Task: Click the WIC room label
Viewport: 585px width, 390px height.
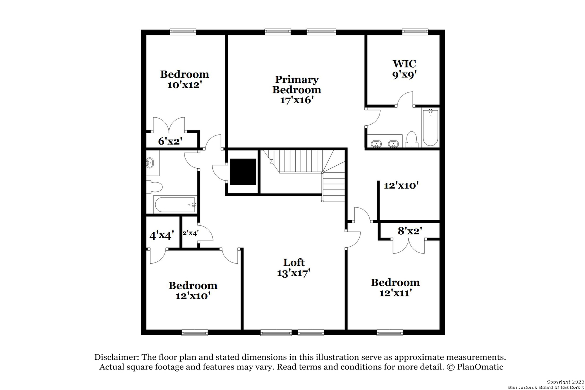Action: point(404,64)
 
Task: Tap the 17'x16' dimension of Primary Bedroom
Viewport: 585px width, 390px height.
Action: point(297,100)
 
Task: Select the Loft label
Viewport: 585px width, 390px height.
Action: point(294,262)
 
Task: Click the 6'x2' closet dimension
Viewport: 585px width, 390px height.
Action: point(170,141)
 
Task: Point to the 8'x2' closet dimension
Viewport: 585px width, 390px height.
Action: point(410,231)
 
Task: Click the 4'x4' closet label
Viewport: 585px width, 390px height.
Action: point(162,235)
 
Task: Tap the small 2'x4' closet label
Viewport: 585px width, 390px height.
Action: point(190,233)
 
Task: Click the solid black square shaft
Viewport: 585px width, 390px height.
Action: point(243,172)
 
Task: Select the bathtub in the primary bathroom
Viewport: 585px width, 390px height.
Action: point(430,127)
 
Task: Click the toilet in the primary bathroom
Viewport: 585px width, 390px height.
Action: point(411,140)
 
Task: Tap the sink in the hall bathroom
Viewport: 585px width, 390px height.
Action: point(150,163)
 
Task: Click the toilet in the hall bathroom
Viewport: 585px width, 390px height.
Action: point(154,187)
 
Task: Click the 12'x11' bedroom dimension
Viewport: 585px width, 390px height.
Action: point(395,293)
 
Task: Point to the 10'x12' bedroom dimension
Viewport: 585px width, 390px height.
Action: point(185,85)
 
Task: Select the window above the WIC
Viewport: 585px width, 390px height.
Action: point(415,32)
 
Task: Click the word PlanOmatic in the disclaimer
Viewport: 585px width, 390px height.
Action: point(480,367)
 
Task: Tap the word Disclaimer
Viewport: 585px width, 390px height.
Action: point(117,357)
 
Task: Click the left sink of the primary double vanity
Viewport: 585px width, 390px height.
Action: point(376,144)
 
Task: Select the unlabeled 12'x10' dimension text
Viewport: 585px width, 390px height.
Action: point(401,186)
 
